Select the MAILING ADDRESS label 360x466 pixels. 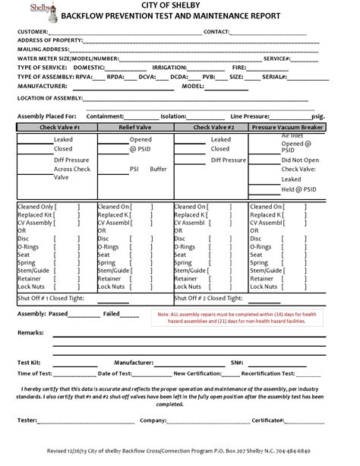pos(43,48)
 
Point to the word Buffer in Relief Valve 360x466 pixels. pos(158,169)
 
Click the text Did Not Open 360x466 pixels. pos(300,160)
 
